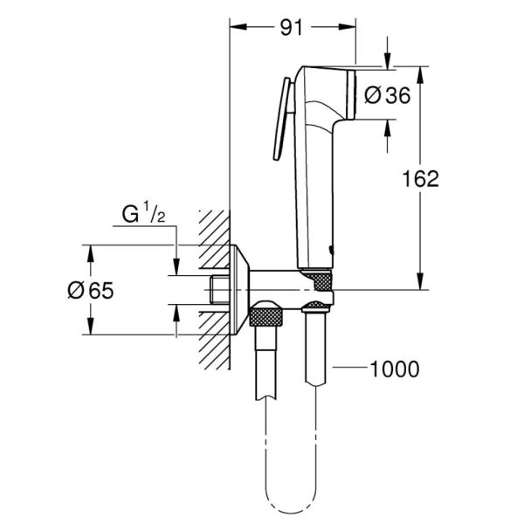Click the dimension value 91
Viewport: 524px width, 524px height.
[292, 27]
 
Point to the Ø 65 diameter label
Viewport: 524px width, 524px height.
[90, 290]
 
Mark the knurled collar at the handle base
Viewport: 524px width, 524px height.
[321, 281]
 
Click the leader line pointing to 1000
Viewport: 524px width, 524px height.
[349, 369]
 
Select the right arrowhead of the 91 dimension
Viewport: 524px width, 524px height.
[350, 27]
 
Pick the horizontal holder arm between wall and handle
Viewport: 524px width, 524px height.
[278, 282]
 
